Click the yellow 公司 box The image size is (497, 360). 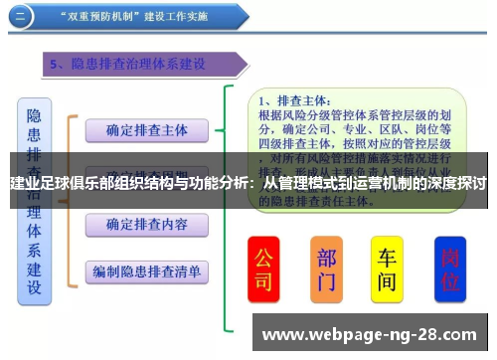[263, 269]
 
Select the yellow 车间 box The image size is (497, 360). [387, 269]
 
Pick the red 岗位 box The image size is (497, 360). [450, 269]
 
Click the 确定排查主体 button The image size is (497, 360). [147, 129]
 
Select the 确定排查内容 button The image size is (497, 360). [147, 223]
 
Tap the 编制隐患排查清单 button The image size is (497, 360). [147, 270]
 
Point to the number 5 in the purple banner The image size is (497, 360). [57, 64]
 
